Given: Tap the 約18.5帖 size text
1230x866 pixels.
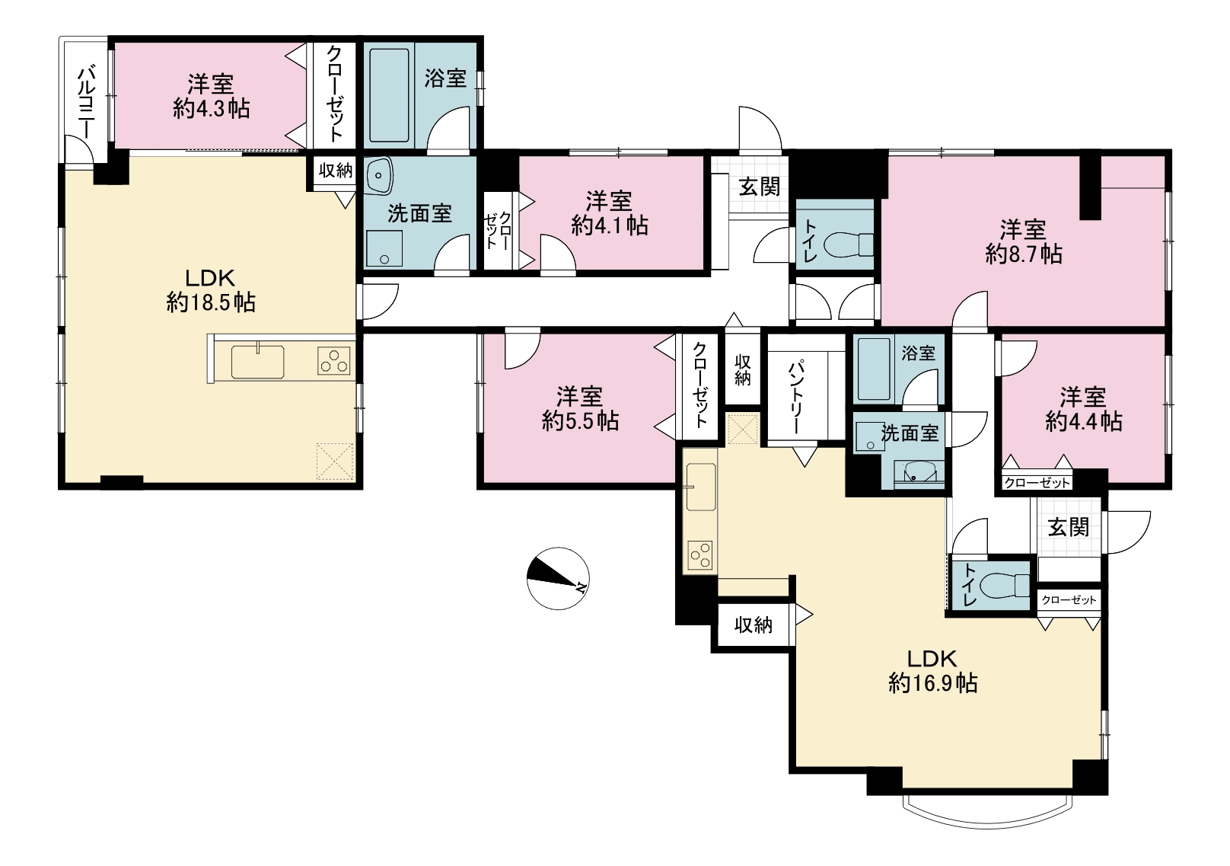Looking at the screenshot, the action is (x=211, y=302).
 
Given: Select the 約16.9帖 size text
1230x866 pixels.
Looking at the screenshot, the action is (x=933, y=683).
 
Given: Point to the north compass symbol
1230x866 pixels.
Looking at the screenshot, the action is (x=558, y=578).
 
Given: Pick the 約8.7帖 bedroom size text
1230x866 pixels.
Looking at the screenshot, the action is (x=1024, y=254).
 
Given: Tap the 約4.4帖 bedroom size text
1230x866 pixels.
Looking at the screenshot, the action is (x=1083, y=421).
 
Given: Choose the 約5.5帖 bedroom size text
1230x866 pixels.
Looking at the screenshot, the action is (x=581, y=421).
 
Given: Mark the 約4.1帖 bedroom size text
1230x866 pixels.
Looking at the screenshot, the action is (x=610, y=225).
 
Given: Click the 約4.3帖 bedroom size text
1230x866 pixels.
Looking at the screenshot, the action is (x=212, y=109).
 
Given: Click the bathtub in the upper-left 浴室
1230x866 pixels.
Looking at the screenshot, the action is (x=389, y=96).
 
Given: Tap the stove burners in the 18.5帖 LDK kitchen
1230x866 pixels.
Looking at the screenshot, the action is (x=334, y=361).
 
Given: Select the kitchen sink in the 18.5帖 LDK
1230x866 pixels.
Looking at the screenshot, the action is (x=257, y=362).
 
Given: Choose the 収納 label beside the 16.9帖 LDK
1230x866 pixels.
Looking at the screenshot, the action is (x=754, y=625).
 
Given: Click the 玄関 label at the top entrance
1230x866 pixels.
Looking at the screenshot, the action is (x=760, y=187).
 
